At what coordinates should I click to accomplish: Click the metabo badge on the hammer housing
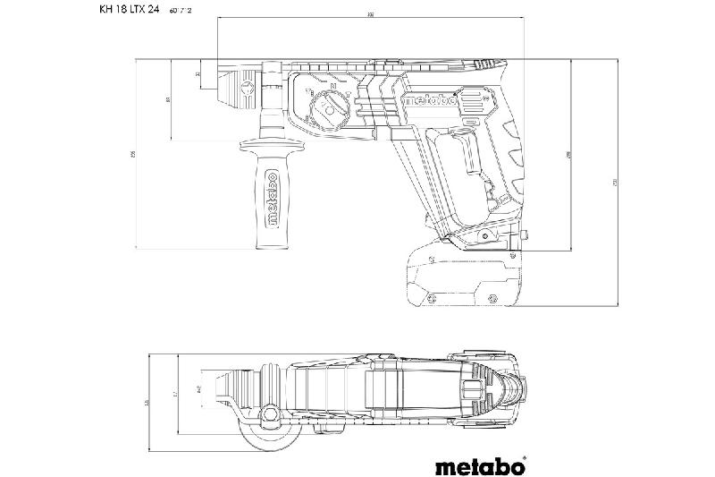433,100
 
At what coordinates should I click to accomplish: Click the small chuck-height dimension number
198,74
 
